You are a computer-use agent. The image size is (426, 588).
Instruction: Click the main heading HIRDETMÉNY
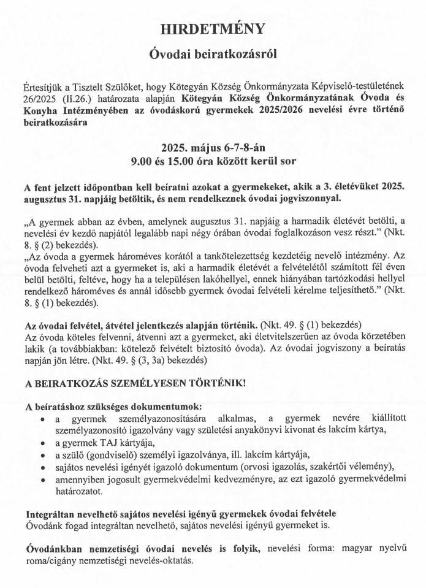213,29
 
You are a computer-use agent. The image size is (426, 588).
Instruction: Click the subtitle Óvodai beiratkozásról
213,54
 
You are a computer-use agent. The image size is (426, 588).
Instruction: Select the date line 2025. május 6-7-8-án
213,148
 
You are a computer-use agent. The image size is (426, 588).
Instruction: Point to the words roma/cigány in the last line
53,561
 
